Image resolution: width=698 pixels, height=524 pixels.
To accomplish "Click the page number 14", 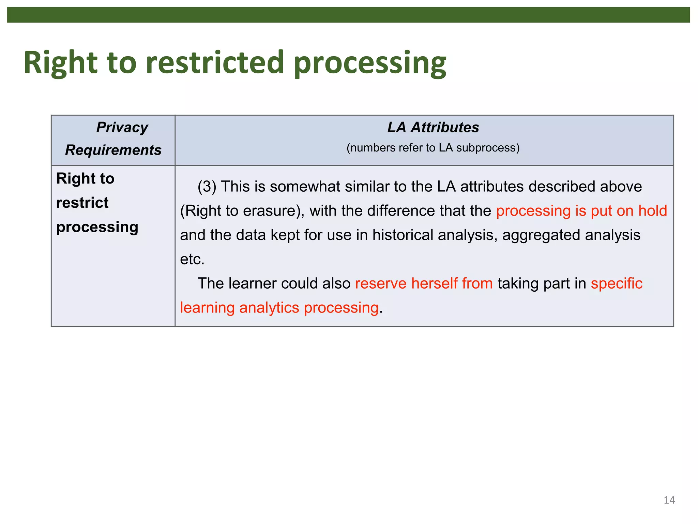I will tap(669, 500).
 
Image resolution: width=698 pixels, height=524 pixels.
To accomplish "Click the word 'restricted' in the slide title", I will tap(215, 62).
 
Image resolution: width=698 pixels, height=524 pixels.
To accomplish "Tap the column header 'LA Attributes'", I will tap(433, 127).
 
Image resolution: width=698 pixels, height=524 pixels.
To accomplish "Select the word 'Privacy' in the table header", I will tap(122, 127).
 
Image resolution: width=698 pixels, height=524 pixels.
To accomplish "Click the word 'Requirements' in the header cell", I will tap(113, 150).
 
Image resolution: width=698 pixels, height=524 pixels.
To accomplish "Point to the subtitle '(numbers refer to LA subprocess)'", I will tap(433, 148).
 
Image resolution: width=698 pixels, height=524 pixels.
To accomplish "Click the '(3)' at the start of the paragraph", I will tap(207, 187).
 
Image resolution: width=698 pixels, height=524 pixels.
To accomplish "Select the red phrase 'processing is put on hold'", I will tap(581, 211).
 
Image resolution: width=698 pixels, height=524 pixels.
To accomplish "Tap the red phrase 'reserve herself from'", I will tap(424, 283).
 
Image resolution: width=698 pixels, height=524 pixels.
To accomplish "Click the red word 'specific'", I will tap(616, 283).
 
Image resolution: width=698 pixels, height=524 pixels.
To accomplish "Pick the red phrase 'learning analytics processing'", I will tap(279, 308).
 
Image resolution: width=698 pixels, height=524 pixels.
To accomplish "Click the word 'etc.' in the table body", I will tap(192, 259).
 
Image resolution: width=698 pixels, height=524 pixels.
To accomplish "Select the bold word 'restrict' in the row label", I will tap(82, 203).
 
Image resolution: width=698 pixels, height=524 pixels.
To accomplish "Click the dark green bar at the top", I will tap(348, 15).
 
